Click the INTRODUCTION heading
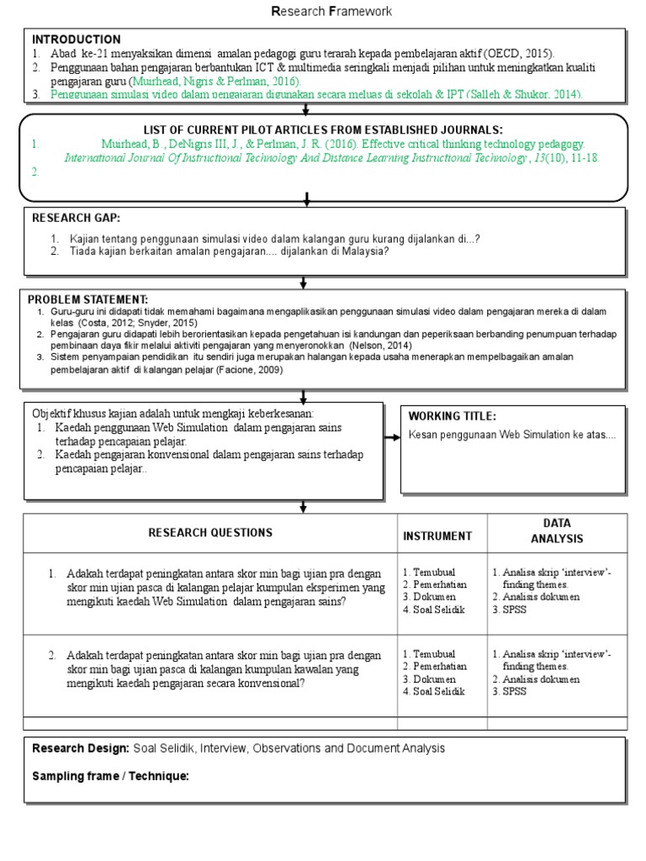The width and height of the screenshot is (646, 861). (x=76, y=40)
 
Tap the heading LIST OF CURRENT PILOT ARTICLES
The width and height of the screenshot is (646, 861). (x=323, y=129)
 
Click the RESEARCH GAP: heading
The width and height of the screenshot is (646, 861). (x=76, y=218)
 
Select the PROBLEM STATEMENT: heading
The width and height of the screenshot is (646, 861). (x=87, y=299)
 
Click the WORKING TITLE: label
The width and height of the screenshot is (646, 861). (x=452, y=416)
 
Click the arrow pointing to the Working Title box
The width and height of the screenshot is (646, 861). (x=392, y=437)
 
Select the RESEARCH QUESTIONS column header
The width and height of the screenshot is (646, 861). (x=210, y=532)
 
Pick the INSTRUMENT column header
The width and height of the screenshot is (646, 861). (x=437, y=536)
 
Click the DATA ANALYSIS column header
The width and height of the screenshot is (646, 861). (x=556, y=531)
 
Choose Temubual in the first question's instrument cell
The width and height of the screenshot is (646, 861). (x=432, y=572)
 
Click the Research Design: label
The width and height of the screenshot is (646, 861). (x=81, y=748)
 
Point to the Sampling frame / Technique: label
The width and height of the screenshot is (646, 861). (x=110, y=775)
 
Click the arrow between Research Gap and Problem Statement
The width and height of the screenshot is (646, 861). (x=306, y=283)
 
